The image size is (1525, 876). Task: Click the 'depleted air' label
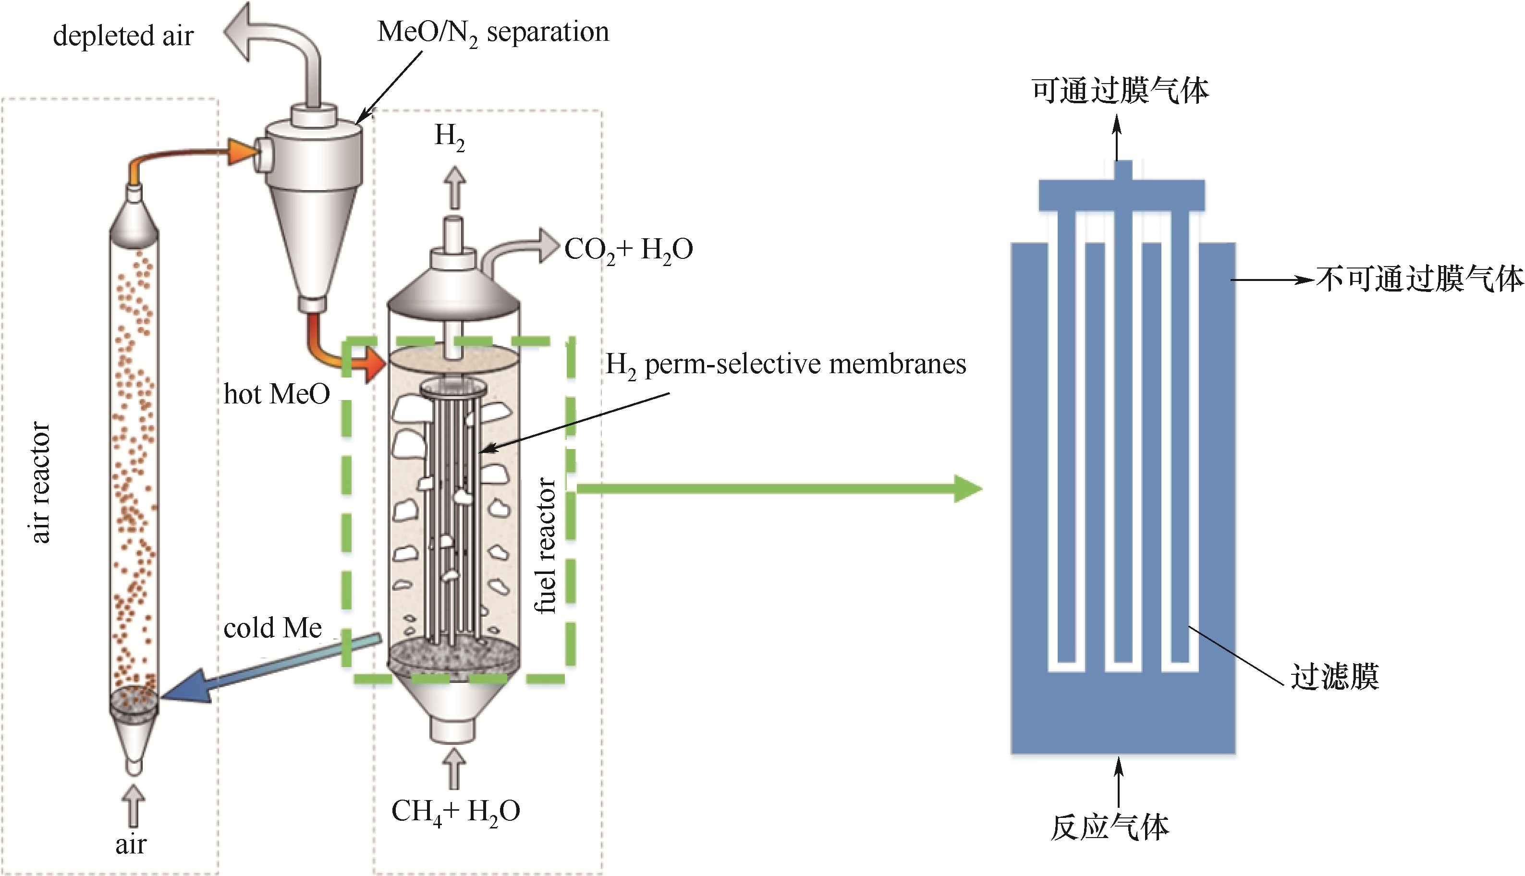(x=123, y=36)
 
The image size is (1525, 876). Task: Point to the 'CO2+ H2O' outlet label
(x=628, y=249)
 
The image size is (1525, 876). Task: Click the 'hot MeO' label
(x=277, y=395)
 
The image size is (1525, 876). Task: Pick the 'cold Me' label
(x=272, y=628)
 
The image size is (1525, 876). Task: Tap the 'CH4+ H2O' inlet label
(x=455, y=811)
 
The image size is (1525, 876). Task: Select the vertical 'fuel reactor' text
(x=545, y=545)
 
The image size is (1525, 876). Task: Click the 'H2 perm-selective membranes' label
(x=785, y=365)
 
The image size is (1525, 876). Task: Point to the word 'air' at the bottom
(x=131, y=845)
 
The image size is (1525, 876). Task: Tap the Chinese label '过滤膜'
(x=1334, y=676)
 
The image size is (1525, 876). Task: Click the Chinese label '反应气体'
(x=1110, y=828)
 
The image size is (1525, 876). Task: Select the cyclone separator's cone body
(x=313, y=241)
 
